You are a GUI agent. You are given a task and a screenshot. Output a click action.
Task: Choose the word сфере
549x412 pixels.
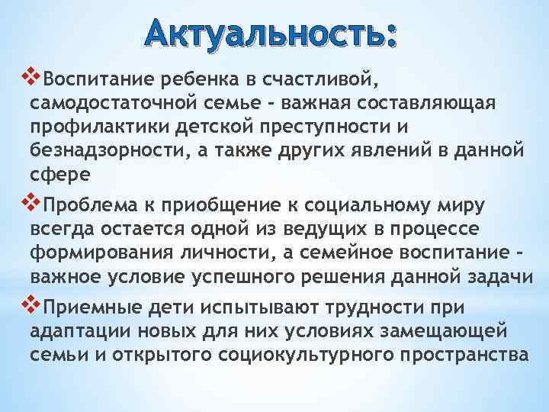coord(60,175)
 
